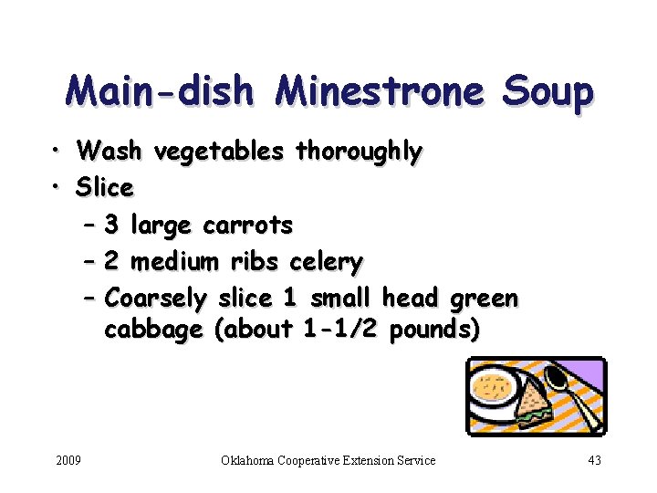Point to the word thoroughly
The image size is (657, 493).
point(360,152)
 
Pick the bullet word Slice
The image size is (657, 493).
point(105,188)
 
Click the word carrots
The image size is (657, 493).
point(247,225)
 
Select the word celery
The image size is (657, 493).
point(326,263)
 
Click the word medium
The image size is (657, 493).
point(175,263)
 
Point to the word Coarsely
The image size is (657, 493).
point(156,299)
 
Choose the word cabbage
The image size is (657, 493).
point(153,330)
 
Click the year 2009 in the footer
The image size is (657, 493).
point(68,460)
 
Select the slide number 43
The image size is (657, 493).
point(594,460)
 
